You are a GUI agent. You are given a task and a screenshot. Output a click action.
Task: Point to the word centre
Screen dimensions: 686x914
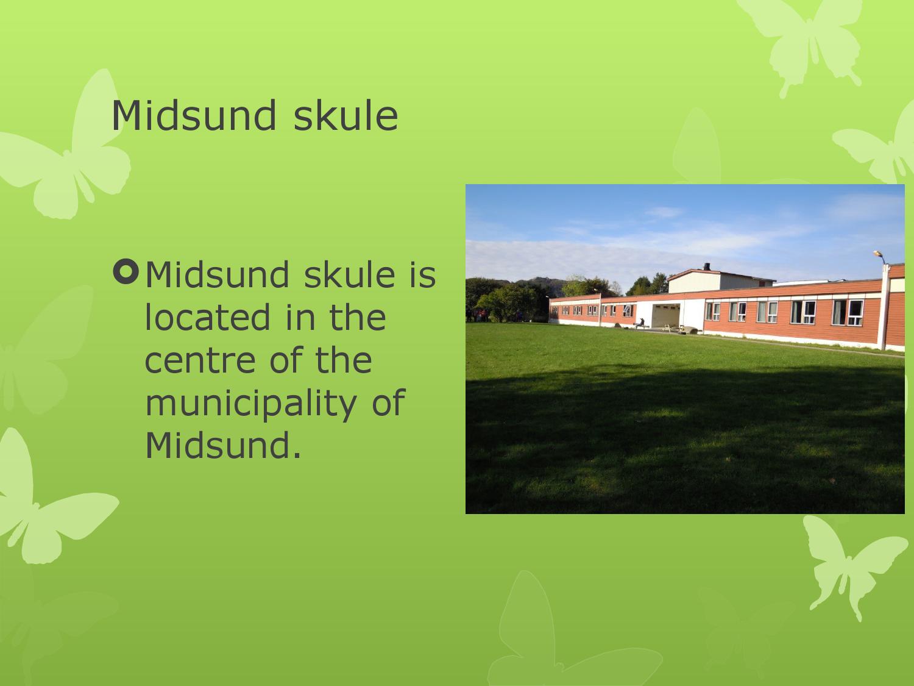click(x=199, y=359)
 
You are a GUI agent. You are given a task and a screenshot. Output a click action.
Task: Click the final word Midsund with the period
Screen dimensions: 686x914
click(x=223, y=445)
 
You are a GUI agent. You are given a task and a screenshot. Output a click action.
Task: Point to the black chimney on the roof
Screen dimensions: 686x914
click(x=706, y=266)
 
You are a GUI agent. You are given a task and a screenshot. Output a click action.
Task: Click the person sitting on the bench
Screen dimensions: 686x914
click(x=639, y=323)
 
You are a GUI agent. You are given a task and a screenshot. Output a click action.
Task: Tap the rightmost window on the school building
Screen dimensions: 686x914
click(x=856, y=312)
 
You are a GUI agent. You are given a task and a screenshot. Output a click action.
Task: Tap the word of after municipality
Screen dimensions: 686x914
click(x=388, y=402)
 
